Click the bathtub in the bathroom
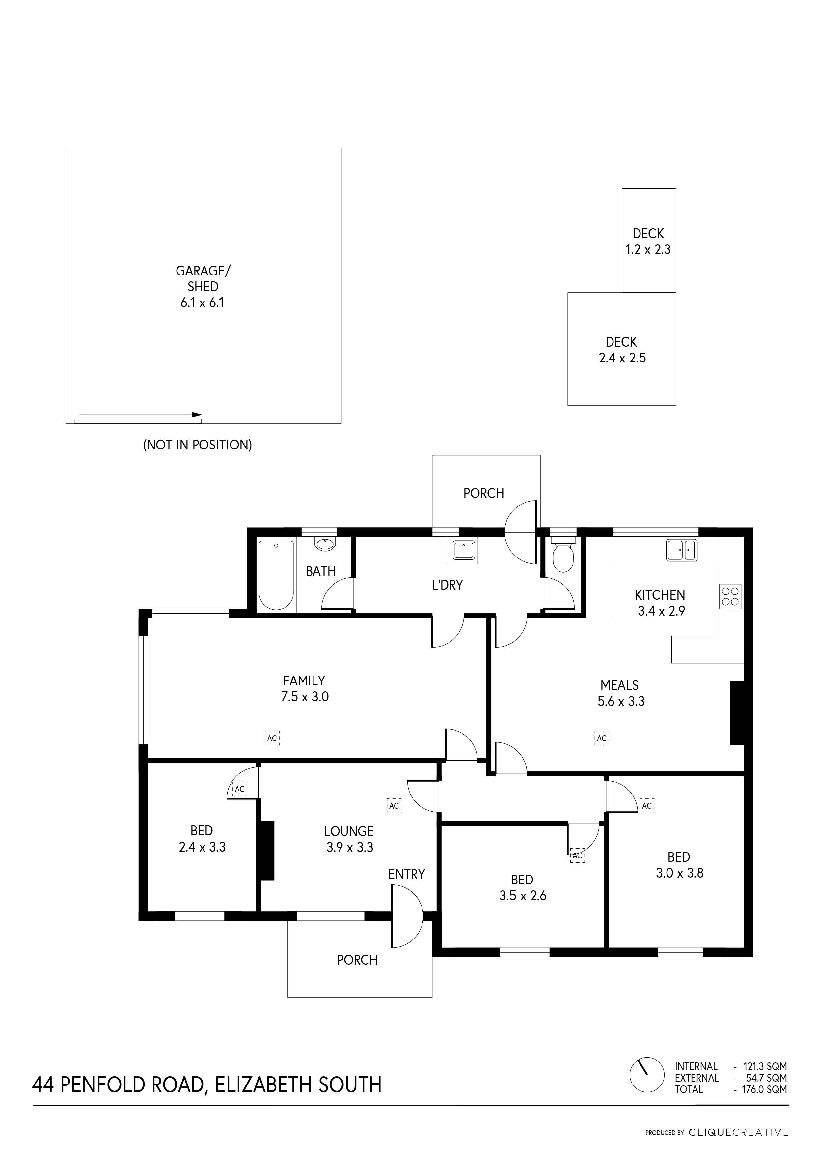(276, 575)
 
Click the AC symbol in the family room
(272, 738)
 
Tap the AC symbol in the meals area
(602, 738)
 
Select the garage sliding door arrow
(140, 415)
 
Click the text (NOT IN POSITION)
(198, 445)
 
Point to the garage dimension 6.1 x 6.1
(202, 303)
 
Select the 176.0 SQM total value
(765, 1089)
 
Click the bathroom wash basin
(324, 544)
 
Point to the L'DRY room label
(447, 585)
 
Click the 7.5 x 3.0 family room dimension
(305, 697)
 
